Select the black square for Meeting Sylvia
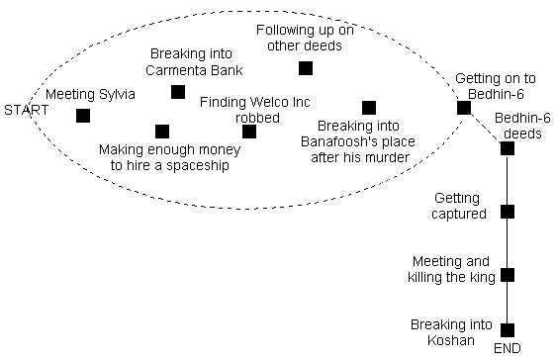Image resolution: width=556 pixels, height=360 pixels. point(83,116)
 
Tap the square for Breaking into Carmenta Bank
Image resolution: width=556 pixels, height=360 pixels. point(178,92)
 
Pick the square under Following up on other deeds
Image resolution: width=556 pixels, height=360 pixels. point(306,68)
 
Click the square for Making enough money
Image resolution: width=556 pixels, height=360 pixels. point(162,131)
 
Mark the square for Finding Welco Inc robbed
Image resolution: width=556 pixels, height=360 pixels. point(249,132)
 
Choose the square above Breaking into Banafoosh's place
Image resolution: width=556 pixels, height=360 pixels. point(369,108)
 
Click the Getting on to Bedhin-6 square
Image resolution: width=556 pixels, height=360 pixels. point(463,108)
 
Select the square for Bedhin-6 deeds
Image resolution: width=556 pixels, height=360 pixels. point(508,148)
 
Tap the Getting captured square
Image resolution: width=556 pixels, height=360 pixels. point(508,212)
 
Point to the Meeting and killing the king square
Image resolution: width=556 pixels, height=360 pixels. point(508,275)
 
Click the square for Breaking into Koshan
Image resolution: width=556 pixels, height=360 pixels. point(508,330)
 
